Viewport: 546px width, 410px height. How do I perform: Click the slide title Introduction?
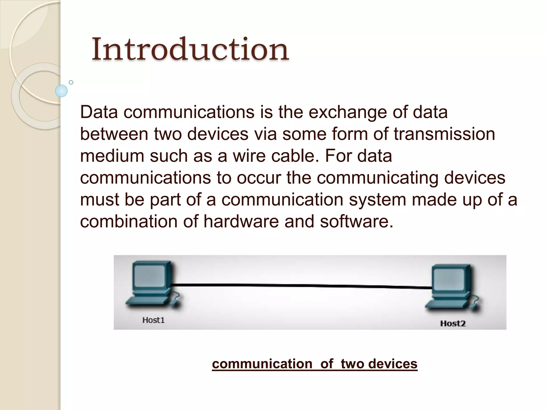coord(190,49)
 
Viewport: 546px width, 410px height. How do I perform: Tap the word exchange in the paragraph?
coord(347,112)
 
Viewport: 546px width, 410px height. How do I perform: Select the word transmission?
coord(444,134)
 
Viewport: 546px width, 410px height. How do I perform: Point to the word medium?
coord(112,156)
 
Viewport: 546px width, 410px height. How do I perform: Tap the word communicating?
coord(378,178)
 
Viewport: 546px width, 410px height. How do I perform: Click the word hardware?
coord(241,222)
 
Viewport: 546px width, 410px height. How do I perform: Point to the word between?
coord(114,134)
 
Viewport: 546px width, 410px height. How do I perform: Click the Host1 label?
coord(153,320)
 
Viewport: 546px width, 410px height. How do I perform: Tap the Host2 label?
coord(453,324)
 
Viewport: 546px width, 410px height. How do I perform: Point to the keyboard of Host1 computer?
coord(147,301)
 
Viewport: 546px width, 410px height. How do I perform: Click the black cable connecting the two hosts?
coord(301,286)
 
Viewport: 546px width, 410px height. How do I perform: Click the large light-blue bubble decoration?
coord(61,91)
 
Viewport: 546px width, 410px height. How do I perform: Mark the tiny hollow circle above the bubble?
coord(71,82)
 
